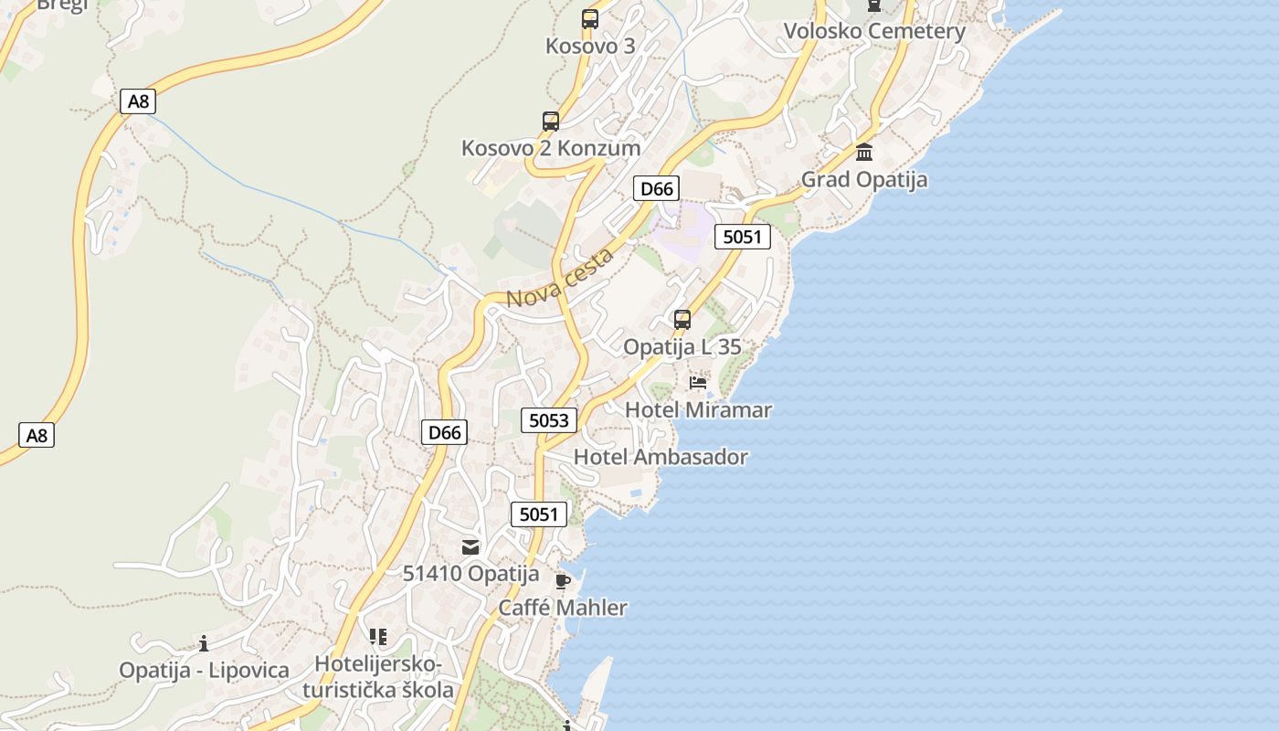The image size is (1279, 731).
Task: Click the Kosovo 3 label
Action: (589, 46)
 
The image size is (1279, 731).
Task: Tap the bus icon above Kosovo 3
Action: (590, 18)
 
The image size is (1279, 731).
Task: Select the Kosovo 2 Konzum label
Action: (550, 148)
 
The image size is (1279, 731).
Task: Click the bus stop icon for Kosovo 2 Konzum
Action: (551, 122)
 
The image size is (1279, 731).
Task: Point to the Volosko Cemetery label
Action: (874, 31)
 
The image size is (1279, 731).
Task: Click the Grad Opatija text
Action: (864, 179)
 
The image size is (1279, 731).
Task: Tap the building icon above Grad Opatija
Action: (864, 152)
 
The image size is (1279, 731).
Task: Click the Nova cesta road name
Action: (559, 279)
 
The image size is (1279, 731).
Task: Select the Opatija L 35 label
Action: (682, 347)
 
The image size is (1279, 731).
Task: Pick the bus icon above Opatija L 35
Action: (682, 320)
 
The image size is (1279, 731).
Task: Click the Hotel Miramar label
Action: (698, 410)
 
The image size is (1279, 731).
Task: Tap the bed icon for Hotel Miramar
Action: (699, 383)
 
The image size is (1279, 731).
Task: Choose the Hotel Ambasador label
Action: (661, 457)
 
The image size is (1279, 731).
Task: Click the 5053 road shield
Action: (549, 420)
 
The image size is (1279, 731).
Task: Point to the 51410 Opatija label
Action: (471, 574)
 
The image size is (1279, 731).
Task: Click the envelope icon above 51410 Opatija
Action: (470, 547)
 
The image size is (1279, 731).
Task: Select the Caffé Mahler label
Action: (563, 608)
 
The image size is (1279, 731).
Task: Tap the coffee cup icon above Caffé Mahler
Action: (563, 581)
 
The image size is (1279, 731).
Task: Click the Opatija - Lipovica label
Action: (204, 670)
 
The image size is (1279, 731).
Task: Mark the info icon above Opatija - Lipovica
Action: (204, 643)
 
